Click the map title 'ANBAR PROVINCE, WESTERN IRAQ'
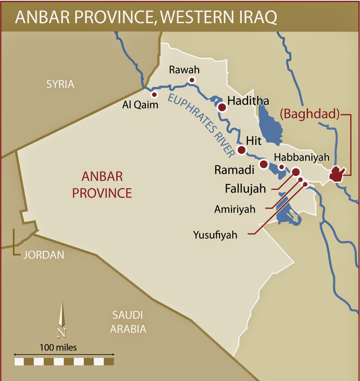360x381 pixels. pos(146,17)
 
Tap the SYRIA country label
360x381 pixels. pos(60,84)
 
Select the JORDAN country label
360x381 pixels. pos(43,255)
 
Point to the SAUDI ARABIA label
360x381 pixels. pos(128,322)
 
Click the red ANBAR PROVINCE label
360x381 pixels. pos(102,185)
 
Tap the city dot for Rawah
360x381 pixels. pos(192,80)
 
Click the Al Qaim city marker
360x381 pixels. pos(154,94)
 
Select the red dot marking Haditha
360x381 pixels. pos(222,107)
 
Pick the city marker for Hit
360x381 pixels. pos(242,150)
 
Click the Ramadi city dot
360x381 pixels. pos(264,164)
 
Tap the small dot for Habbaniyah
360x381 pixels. pos(281,167)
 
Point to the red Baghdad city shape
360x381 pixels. pos(337,174)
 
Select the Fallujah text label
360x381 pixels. pos(245,189)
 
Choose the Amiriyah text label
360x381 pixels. pos(235,209)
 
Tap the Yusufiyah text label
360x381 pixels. pos(215,235)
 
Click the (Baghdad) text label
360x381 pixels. pos(310,114)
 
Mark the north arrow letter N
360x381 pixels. pos(61,333)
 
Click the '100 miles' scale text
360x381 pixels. pos(58,347)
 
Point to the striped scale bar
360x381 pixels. pos(64,361)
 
